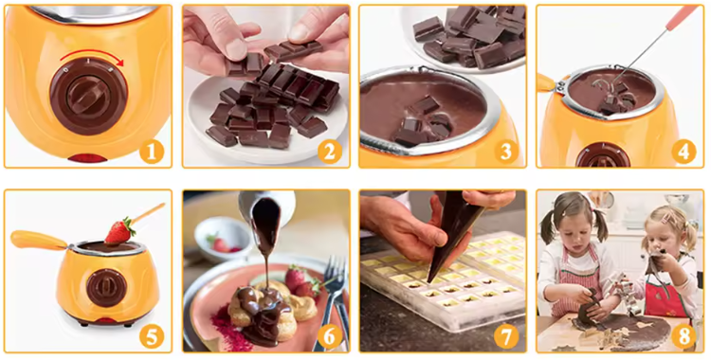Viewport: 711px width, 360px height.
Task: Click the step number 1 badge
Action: pyautogui.click(x=152, y=150)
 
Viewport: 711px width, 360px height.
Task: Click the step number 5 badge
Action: pyautogui.click(x=152, y=334)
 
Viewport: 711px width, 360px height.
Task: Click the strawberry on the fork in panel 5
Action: pyautogui.click(x=118, y=230)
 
